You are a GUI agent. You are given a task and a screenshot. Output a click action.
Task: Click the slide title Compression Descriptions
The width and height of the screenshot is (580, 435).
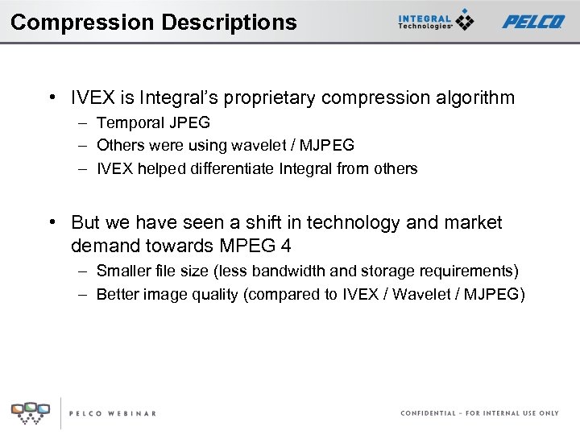point(153,22)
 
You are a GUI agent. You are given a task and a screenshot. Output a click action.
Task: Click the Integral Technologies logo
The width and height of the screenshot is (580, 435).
point(436,21)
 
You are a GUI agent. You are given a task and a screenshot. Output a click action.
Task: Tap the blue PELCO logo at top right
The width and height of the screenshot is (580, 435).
point(533,22)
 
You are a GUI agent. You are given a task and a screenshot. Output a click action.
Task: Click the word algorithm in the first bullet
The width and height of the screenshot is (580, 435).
point(475,98)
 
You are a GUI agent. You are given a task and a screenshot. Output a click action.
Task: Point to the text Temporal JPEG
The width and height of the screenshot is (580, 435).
point(153,123)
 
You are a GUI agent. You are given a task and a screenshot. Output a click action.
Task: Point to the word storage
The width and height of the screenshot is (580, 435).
point(387,271)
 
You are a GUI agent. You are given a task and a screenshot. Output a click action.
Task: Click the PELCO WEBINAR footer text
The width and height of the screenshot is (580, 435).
point(113,413)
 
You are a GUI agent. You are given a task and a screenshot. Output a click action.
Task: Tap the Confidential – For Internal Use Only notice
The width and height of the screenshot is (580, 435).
point(479,413)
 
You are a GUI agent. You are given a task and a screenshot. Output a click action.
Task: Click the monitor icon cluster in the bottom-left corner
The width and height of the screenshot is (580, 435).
point(30,412)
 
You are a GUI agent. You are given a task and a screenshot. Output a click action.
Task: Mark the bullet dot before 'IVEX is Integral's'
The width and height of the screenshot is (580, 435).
point(51,98)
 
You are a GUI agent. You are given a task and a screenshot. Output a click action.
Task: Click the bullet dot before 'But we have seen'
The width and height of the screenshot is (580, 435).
point(51,223)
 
